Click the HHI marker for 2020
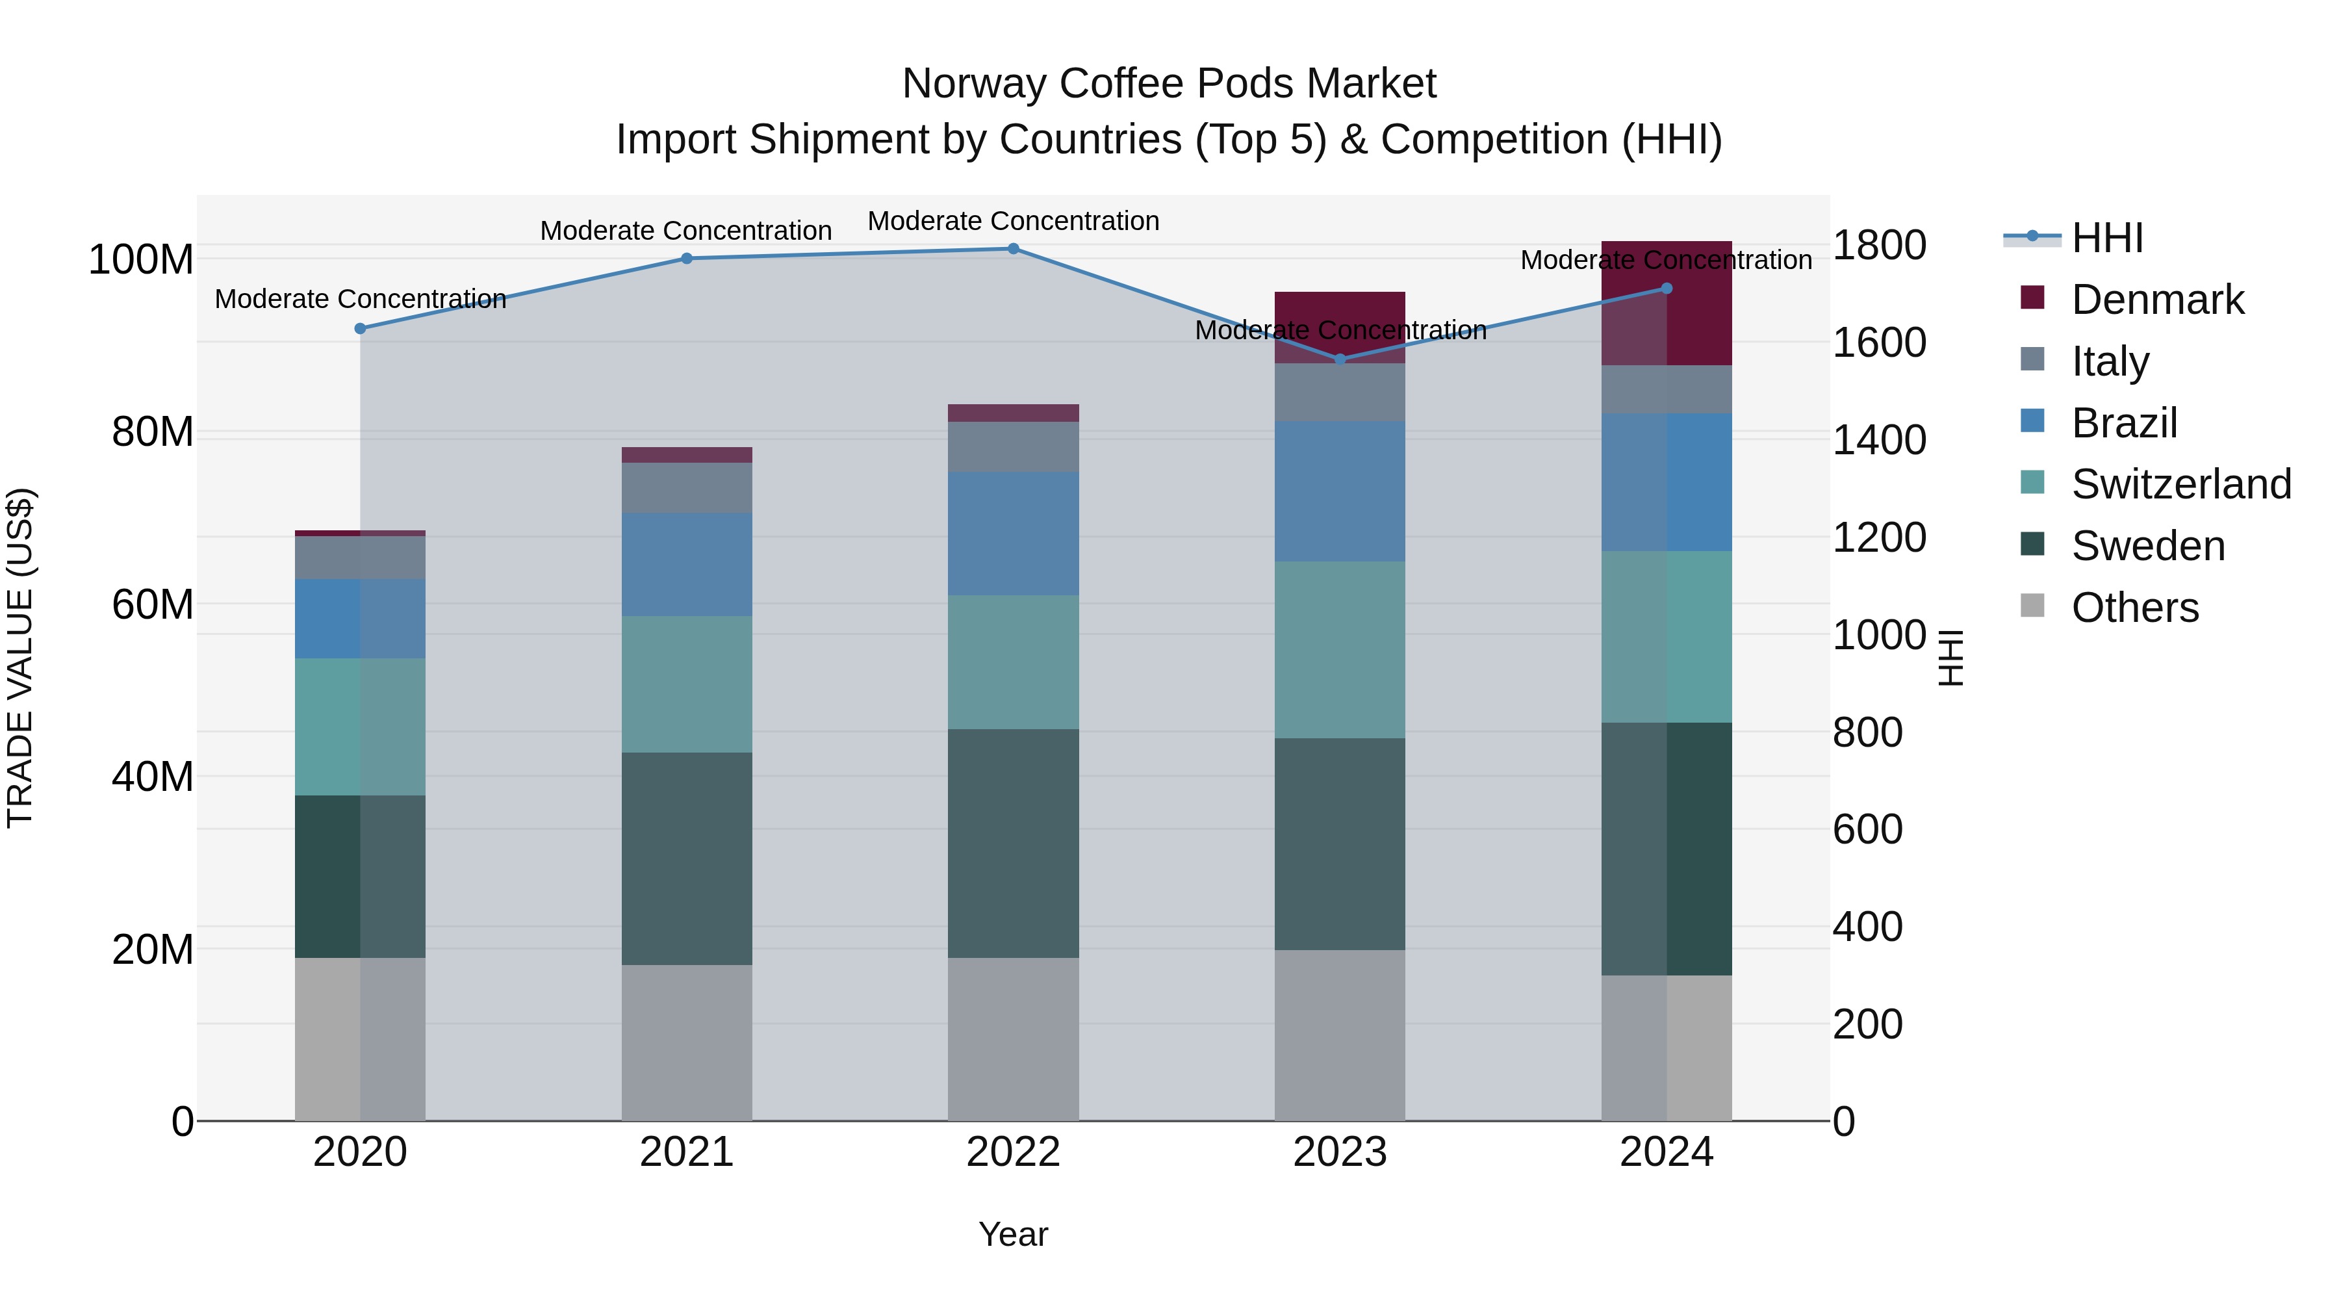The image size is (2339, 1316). (361, 329)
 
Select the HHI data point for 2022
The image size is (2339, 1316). (1014, 249)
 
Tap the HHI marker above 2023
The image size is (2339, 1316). (1340, 359)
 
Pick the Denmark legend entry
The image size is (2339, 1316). (2157, 300)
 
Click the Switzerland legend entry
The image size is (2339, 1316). (2181, 484)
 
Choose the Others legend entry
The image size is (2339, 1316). (2135, 608)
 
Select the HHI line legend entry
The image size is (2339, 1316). (2106, 238)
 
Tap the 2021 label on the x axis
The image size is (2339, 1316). (687, 1152)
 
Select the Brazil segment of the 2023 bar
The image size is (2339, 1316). (1340, 491)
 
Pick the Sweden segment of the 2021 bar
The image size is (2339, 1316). (687, 858)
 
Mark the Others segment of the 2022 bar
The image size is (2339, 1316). (1014, 1039)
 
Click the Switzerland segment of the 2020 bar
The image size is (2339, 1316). (361, 727)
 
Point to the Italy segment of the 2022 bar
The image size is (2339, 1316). (1014, 447)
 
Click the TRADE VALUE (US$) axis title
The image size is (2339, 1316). (20, 658)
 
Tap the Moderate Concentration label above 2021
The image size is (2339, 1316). (687, 231)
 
